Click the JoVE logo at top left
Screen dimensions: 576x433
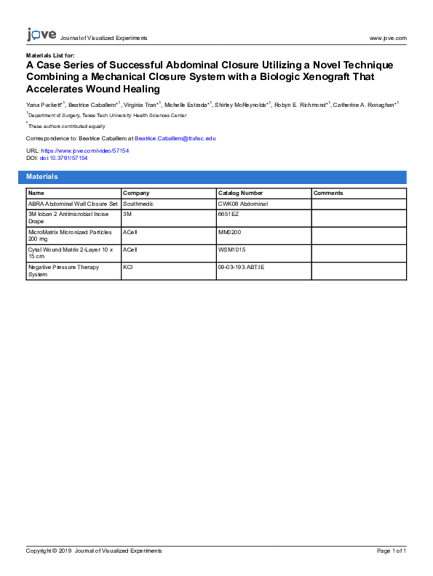coord(41,35)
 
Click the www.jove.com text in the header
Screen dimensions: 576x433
coord(388,38)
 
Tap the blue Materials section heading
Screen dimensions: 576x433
coord(42,177)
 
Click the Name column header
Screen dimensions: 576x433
coord(36,193)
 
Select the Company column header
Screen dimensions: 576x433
coord(136,193)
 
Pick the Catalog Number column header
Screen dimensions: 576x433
coord(240,193)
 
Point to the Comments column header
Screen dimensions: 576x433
coord(328,193)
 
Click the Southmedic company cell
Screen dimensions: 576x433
coord(138,204)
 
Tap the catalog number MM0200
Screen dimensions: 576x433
coord(231,232)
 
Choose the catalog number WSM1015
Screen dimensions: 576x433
coord(232,249)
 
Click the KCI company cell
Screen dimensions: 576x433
coord(128,267)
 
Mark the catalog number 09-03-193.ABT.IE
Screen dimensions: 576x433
coord(242,267)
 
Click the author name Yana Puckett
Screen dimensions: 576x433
coord(43,105)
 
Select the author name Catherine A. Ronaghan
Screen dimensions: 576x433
coord(363,105)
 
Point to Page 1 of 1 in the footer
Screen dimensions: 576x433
coord(392,551)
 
